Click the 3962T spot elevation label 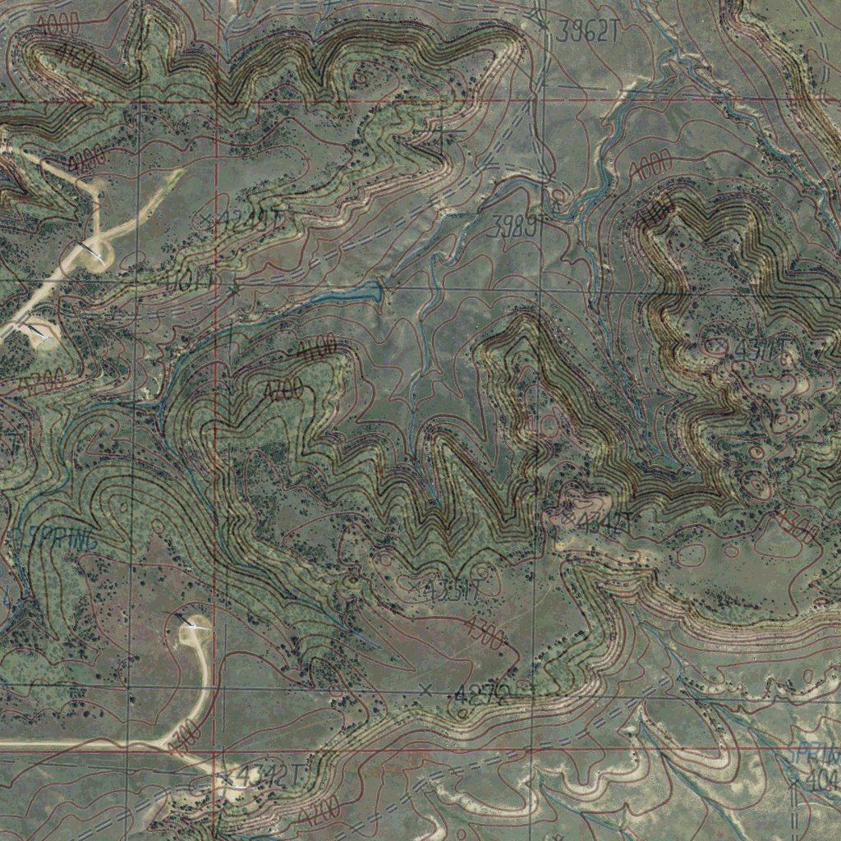coord(586,32)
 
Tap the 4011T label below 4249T coord(189,283)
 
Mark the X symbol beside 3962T coord(542,23)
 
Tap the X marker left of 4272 coord(425,689)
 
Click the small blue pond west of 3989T coord(361,292)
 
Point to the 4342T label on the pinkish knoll coord(604,522)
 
